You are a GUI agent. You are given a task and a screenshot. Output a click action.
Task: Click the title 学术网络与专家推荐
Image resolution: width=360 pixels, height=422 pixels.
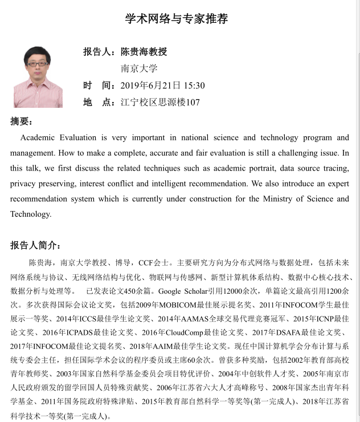pyautogui.click(x=177, y=19)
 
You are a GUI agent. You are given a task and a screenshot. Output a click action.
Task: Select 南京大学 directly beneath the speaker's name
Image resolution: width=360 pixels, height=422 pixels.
pyautogui.click(x=139, y=68)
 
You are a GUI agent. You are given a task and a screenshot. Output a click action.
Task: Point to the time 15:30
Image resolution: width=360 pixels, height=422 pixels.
pyautogui.click(x=194, y=86)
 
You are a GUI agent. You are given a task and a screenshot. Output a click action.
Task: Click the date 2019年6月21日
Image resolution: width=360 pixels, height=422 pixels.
pyautogui.click(x=150, y=86)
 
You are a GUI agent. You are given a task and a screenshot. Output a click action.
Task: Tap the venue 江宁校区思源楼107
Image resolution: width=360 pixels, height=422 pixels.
pyautogui.click(x=160, y=103)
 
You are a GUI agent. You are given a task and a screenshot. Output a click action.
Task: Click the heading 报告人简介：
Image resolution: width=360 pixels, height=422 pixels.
pyautogui.click(x=35, y=245)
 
